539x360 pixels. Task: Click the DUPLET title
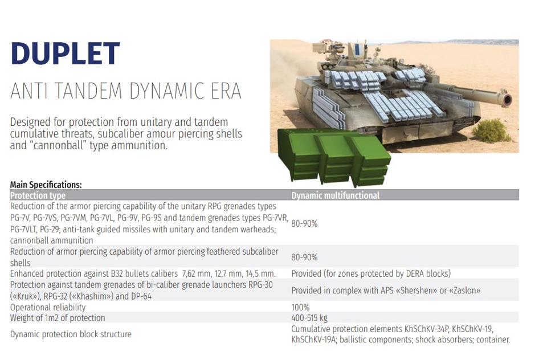(66, 53)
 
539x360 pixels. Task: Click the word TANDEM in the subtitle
(88, 91)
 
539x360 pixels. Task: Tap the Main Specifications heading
(46, 185)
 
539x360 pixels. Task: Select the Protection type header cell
(38, 195)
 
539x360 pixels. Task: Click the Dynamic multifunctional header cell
(335, 195)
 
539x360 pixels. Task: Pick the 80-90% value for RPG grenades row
(304, 224)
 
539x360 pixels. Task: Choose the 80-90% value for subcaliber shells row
(304, 257)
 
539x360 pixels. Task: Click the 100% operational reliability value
(300, 307)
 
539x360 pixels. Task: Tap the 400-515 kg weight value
(309, 318)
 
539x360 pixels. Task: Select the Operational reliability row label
(48, 307)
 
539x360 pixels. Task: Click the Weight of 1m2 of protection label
(58, 318)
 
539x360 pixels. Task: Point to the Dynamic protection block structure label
(71, 334)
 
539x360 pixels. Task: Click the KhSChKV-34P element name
(427, 329)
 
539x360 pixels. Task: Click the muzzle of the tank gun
(507, 100)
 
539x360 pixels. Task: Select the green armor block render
(333, 157)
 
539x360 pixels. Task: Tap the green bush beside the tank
(491, 130)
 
